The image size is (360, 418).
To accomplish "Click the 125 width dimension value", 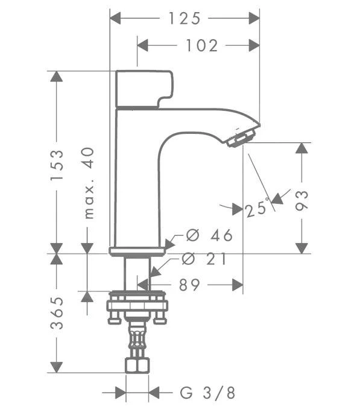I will [x=184, y=19].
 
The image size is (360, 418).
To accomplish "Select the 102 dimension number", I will [x=202, y=45].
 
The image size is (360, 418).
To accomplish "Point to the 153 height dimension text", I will [x=56, y=165].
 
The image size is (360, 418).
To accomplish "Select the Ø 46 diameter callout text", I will [x=209, y=235].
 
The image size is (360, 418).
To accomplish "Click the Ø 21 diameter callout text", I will [x=204, y=259].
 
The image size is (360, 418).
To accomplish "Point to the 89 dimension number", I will [x=189, y=285].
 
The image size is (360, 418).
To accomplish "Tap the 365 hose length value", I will [x=56, y=312].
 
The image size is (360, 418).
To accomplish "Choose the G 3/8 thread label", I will [x=207, y=393].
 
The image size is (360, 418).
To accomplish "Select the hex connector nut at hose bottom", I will [x=137, y=365].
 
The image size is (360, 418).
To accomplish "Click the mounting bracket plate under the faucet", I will [x=137, y=306].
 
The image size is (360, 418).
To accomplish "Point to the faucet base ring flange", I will [x=137, y=251].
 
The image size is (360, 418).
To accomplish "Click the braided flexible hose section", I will [x=137, y=341].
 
